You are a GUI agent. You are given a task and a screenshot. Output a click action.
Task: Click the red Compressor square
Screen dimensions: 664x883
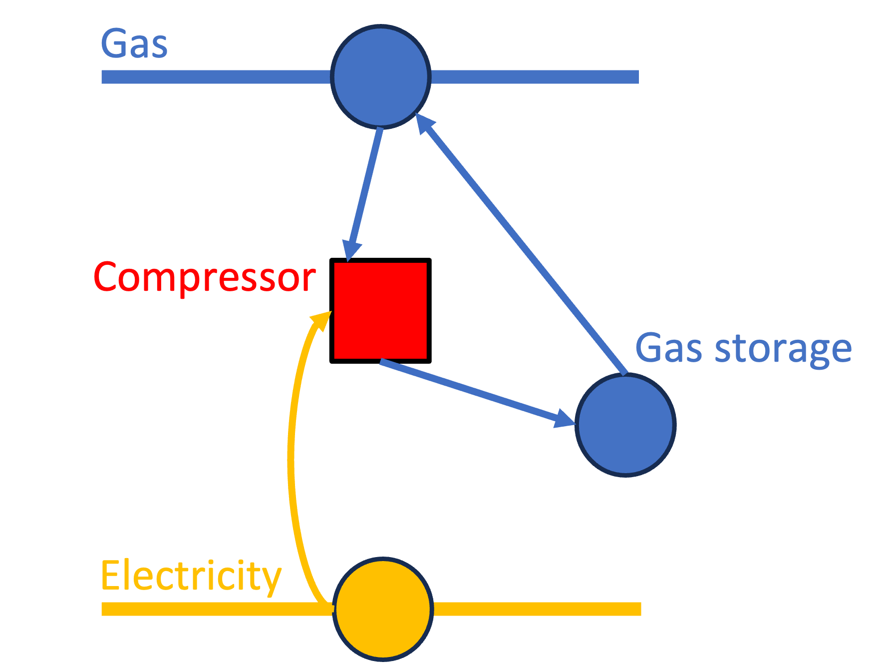click(x=380, y=310)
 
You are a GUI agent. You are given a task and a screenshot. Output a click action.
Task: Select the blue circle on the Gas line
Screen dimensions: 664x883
click(x=381, y=76)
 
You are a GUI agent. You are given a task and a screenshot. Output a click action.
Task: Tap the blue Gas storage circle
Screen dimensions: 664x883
click(x=625, y=425)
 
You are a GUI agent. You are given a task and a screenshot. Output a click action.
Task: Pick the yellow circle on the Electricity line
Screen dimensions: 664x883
click(x=383, y=609)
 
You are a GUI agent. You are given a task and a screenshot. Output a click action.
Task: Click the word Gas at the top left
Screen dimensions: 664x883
click(x=134, y=44)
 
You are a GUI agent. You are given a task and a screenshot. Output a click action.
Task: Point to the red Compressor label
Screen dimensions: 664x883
click(x=205, y=277)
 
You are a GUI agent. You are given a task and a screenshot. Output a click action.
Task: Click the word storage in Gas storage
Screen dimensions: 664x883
click(x=783, y=349)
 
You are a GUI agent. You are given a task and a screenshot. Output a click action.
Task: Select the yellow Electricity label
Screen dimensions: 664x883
click(x=191, y=576)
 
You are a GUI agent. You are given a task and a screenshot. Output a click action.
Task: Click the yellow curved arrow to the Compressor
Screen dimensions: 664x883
click(x=291, y=450)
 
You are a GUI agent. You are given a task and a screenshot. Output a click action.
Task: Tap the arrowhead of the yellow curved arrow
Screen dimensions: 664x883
click(x=322, y=320)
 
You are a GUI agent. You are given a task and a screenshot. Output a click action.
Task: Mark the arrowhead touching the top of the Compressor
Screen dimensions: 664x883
click(x=352, y=250)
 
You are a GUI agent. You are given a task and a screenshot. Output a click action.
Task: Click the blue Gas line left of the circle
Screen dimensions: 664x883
click(x=215, y=77)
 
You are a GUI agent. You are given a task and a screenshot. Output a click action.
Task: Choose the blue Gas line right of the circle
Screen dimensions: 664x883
click(x=534, y=77)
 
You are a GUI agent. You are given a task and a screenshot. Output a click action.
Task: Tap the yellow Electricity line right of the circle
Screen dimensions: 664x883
click(x=537, y=609)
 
